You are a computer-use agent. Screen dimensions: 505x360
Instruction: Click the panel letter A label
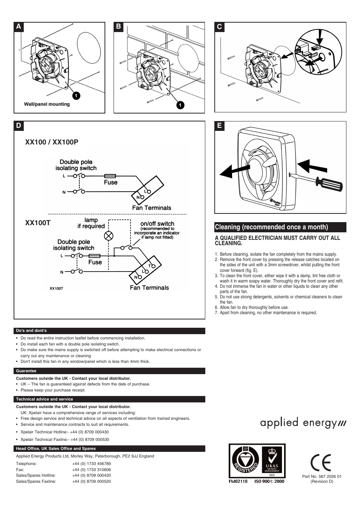[x=18, y=27]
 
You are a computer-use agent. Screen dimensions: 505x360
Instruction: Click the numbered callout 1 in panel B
[x=180, y=105]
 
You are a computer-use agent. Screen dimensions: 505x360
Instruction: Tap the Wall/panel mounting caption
[x=47, y=104]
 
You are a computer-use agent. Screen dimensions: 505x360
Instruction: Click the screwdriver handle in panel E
[x=329, y=184]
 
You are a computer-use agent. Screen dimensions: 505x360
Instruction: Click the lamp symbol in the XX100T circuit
[x=109, y=236]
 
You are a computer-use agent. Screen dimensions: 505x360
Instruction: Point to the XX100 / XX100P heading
[x=52, y=142]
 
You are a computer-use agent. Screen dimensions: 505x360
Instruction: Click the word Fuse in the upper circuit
[x=111, y=182]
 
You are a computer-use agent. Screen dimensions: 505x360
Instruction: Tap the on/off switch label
[x=157, y=224]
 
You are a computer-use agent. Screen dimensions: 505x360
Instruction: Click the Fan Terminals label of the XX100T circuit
[x=149, y=288]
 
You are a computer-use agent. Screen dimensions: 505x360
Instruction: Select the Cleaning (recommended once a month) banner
[x=280, y=227]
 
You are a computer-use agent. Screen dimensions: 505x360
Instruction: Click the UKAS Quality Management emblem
[x=272, y=461]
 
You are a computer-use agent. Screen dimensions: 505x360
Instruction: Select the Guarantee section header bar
[x=110, y=371]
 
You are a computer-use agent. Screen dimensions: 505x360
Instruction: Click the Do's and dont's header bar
[x=110, y=331]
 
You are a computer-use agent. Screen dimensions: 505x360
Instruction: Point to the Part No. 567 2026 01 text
[x=322, y=476]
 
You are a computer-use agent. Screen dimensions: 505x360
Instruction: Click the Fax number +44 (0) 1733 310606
[x=91, y=470]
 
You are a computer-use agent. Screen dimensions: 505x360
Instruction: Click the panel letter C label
[x=219, y=27]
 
